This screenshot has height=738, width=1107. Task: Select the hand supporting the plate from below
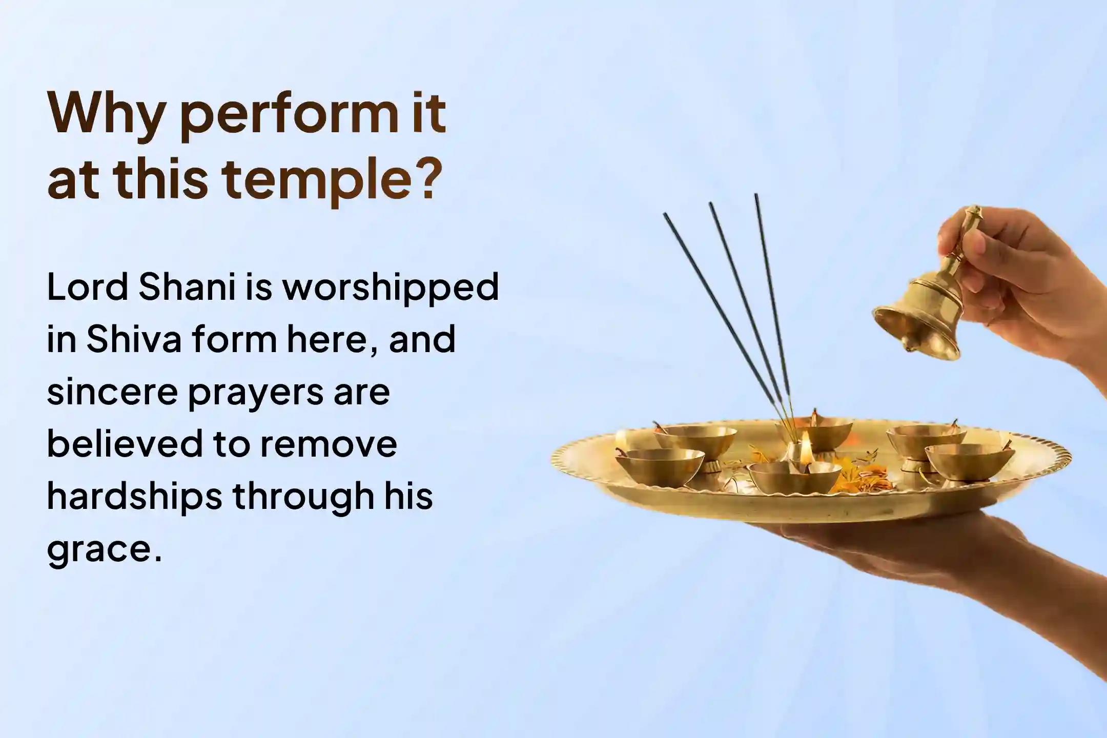click(x=974, y=569)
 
